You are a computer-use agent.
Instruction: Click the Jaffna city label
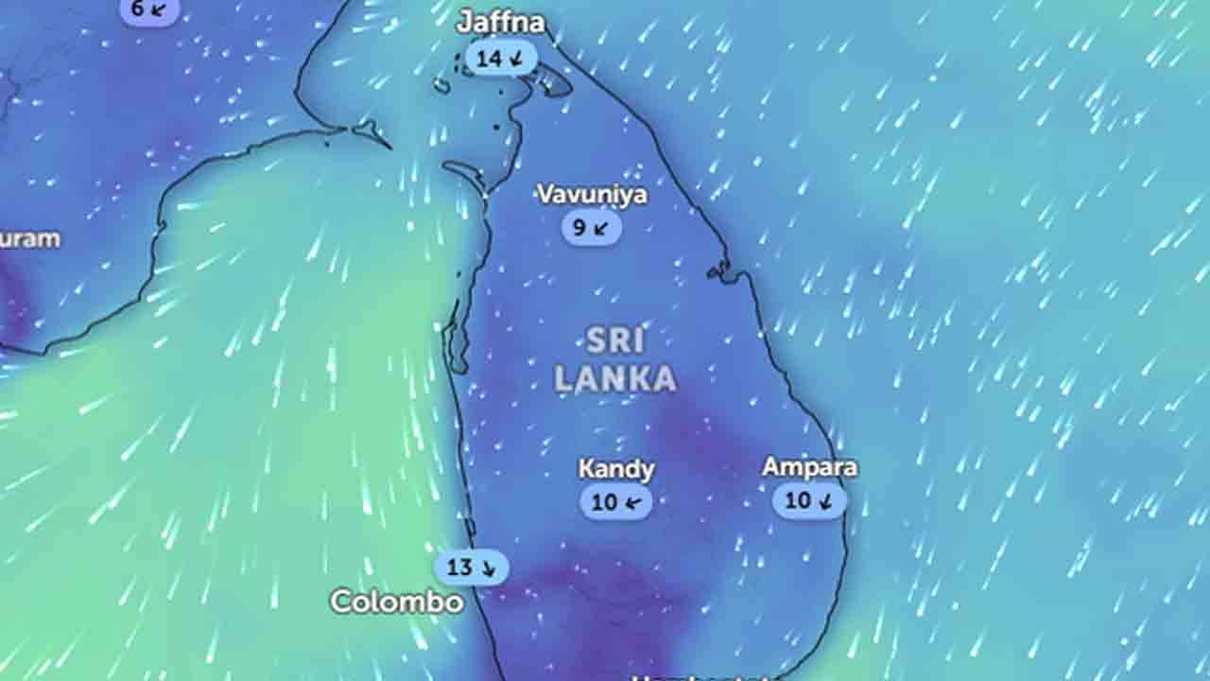[x=501, y=23]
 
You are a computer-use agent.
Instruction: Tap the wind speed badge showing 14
[x=501, y=59]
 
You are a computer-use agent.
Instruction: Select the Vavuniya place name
[x=592, y=195]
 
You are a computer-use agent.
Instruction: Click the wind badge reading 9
[x=591, y=228]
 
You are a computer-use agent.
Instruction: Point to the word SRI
[x=614, y=340]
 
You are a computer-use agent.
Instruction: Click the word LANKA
[x=614, y=378]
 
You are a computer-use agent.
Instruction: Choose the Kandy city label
[x=616, y=469]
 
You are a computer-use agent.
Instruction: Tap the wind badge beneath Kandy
[x=616, y=502]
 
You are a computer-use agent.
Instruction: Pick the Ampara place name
[x=809, y=467]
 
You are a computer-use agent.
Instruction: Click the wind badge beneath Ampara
[x=809, y=500]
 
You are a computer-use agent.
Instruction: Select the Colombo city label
[x=397, y=602]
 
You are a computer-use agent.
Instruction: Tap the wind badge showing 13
[x=472, y=568]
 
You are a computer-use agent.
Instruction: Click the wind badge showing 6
[x=149, y=9]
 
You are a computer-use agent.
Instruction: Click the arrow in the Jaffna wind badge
[x=516, y=59]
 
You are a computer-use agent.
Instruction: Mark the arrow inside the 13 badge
[x=488, y=568]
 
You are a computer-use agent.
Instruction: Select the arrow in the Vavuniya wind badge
[x=601, y=228]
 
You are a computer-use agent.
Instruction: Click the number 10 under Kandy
[x=604, y=502]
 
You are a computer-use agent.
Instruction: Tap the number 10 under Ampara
[x=798, y=500]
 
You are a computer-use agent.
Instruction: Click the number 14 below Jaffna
[x=489, y=59]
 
